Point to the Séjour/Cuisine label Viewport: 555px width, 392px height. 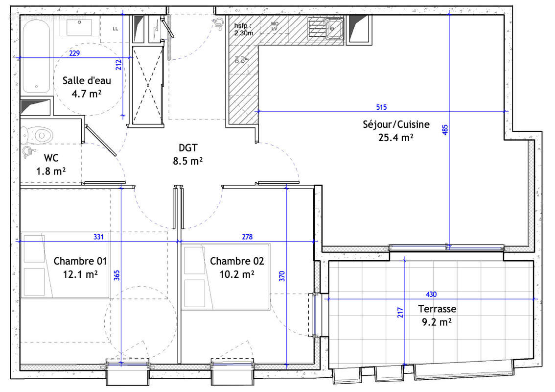pyautogui.click(x=396, y=124)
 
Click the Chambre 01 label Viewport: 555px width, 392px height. pyautogui.click(x=80, y=261)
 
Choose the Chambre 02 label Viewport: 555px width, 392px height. pyautogui.click(x=236, y=261)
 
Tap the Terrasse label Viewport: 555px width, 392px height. pyautogui.click(x=437, y=309)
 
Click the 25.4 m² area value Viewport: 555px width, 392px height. pyautogui.click(x=396, y=138)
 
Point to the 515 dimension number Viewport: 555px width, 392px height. pyautogui.click(x=382, y=107)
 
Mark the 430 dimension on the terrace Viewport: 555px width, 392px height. pyautogui.click(x=431, y=294)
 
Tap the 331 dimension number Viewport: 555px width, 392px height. pyautogui.click(x=99, y=237)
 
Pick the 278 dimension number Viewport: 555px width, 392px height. pyautogui.click(x=247, y=237)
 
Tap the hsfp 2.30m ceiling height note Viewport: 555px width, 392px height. pyautogui.click(x=243, y=29)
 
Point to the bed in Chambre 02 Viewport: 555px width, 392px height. pyautogui.click(x=227, y=277)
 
